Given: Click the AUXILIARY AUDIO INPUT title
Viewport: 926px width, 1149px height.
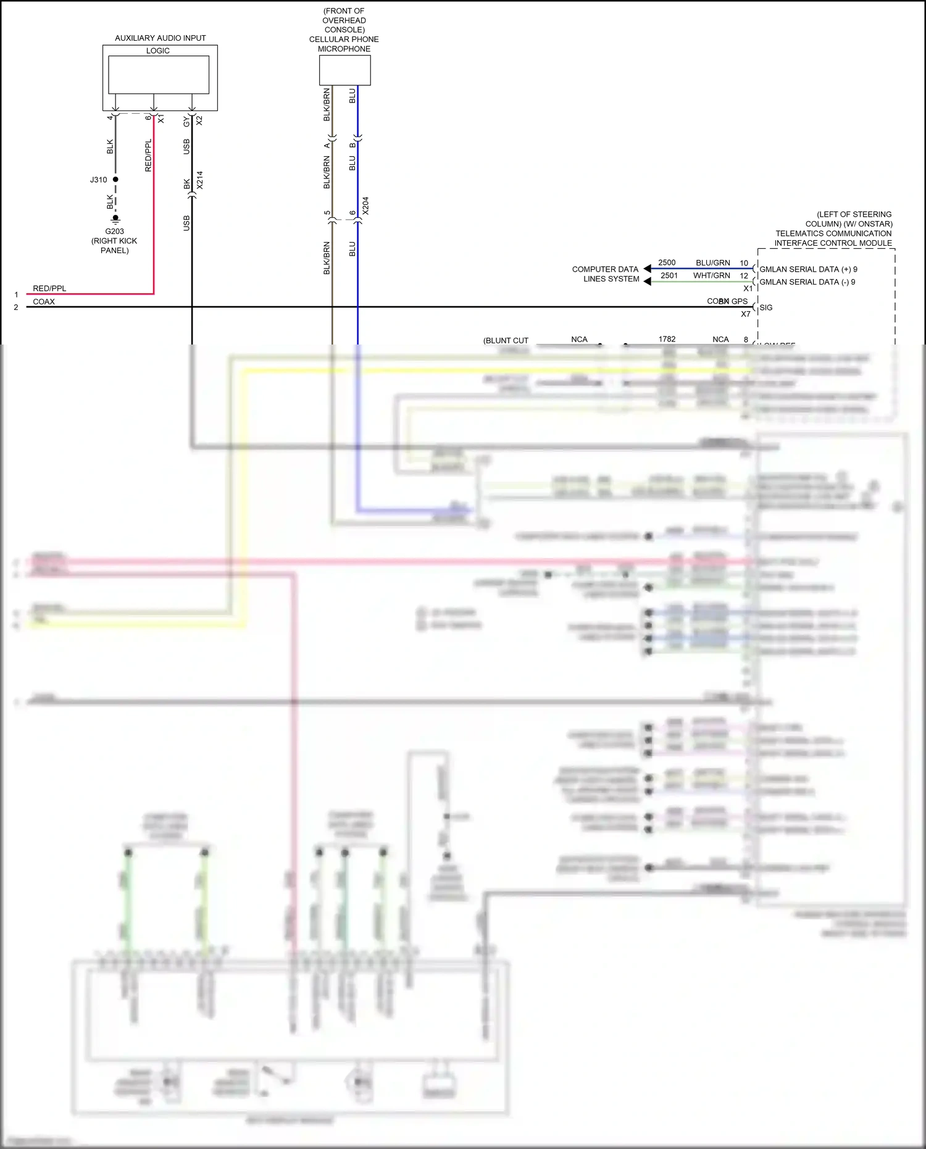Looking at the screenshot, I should click(160, 38).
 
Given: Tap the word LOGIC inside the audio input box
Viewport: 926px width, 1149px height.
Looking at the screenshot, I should click(158, 51).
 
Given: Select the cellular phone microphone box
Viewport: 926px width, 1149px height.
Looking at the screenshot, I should click(344, 70).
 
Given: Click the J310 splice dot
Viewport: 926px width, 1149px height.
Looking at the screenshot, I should click(115, 180).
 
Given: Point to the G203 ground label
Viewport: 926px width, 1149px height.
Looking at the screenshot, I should click(114, 232).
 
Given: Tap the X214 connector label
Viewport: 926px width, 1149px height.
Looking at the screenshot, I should click(200, 180).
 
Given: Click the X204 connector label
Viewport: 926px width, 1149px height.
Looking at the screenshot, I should click(365, 206).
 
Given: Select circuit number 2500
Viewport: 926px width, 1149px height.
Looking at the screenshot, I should click(667, 263).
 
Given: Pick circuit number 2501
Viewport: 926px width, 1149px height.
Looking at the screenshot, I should click(669, 276).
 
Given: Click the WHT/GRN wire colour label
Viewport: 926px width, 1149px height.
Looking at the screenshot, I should click(711, 276).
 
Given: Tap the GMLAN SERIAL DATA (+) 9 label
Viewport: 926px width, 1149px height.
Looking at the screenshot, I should click(808, 270).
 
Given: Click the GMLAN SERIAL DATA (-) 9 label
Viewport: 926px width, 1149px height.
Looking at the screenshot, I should click(807, 282).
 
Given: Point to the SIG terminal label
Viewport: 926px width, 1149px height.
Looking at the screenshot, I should click(766, 308).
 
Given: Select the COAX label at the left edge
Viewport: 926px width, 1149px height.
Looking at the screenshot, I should click(44, 302).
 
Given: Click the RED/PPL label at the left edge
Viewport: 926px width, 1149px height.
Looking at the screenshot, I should click(49, 289).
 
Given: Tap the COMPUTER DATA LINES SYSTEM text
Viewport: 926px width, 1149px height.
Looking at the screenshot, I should click(606, 274).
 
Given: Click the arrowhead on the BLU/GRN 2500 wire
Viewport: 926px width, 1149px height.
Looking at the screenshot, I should click(647, 269).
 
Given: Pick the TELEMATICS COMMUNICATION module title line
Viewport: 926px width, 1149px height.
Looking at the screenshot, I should click(833, 233).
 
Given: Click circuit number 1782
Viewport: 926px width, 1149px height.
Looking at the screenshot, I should click(667, 340).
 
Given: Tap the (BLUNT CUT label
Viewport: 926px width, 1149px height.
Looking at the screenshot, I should click(506, 341).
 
